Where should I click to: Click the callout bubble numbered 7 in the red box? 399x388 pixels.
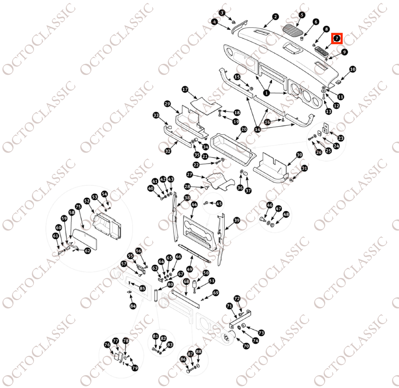click(337, 39)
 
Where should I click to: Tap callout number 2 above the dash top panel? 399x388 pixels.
click(275, 17)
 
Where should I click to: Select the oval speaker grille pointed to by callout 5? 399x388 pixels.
click(294, 31)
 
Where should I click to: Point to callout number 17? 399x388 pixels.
click(185, 90)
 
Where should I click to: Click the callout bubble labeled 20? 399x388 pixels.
click(244, 129)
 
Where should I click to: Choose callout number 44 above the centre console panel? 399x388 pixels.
click(194, 205)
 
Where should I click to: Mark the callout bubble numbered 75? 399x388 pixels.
click(78, 206)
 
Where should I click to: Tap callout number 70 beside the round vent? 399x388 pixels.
click(246, 346)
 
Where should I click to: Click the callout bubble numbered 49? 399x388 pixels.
click(190, 269)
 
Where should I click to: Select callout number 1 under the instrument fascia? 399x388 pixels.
click(267, 93)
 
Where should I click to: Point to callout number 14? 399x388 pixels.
click(258, 129)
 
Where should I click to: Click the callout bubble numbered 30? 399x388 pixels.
click(299, 155)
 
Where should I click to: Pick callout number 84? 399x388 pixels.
click(133, 306)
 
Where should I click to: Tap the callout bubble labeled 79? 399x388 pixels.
click(134, 368)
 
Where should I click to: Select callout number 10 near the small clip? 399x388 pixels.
click(352, 69)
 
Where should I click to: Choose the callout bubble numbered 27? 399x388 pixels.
click(190, 175)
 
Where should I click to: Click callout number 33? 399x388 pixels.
click(156, 115)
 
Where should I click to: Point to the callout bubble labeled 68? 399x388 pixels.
click(187, 281)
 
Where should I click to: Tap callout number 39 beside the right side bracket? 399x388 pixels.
click(237, 220)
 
